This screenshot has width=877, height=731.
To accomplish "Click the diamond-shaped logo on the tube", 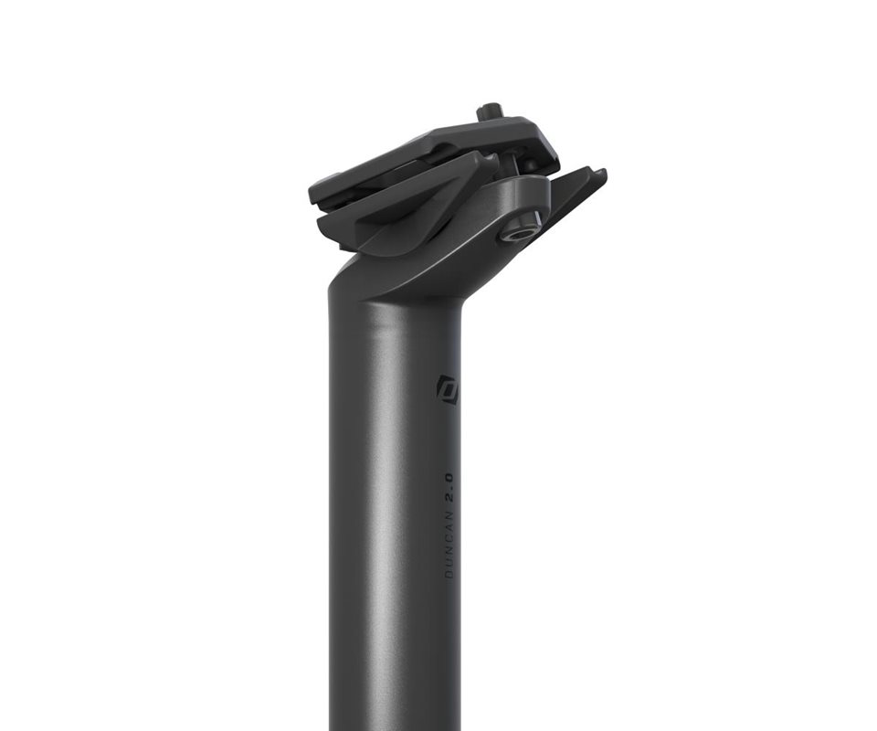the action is [x=448, y=388].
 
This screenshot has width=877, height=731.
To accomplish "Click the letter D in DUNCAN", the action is [x=449, y=575].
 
